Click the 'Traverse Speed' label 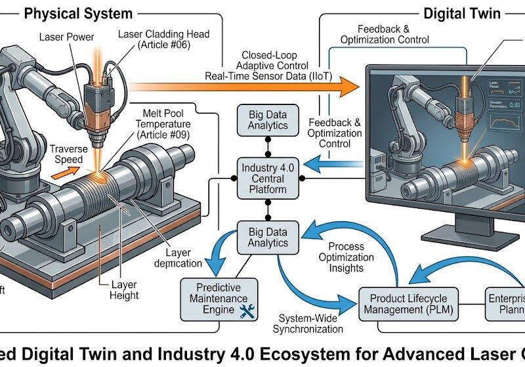67,154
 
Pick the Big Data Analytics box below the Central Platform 267,236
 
